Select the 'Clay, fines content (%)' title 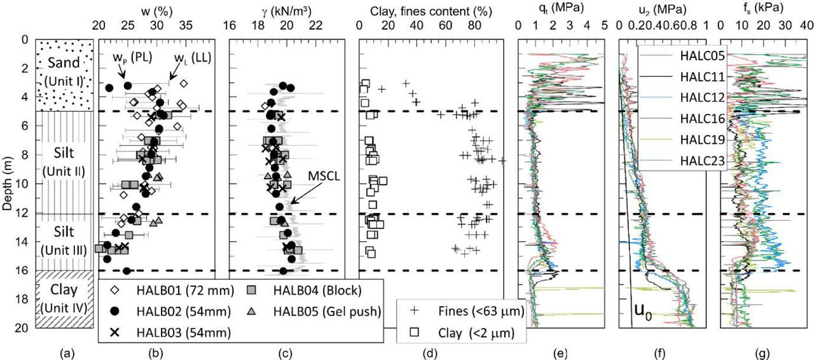pos(431,9)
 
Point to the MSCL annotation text pos(323,173)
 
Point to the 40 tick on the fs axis pos(805,27)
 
